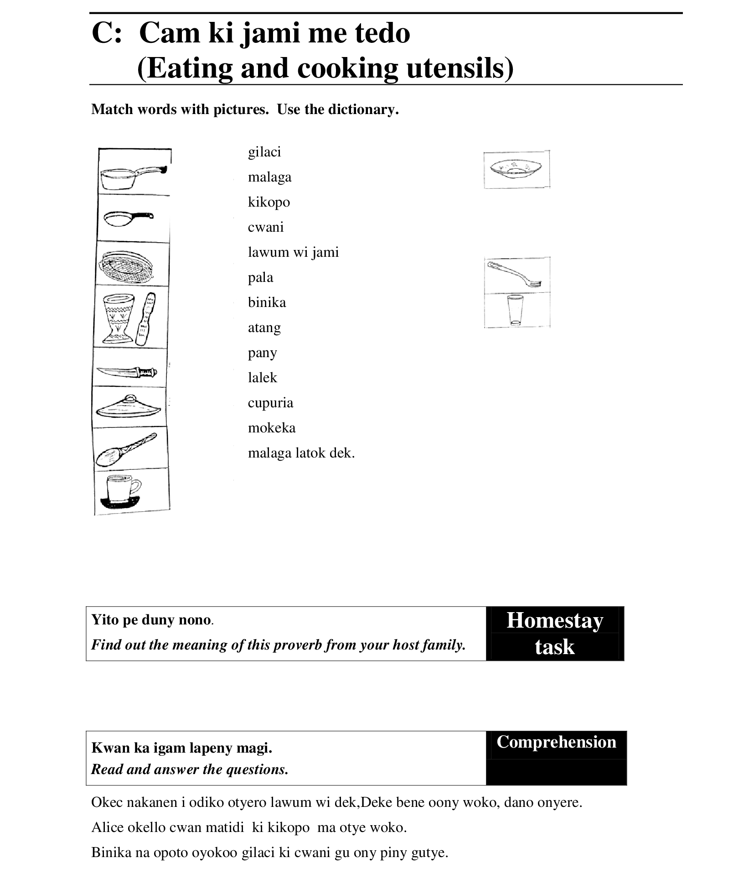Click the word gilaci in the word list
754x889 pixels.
(x=264, y=152)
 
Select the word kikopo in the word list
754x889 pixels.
(x=269, y=202)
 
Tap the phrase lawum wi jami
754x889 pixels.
(x=293, y=252)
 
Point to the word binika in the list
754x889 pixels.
(x=267, y=302)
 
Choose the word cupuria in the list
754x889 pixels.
(x=270, y=403)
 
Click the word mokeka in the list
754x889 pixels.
(x=272, y=428)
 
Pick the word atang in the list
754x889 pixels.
(x=264, y=328)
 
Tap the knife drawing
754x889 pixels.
(x=127, y=372)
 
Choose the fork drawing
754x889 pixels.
(x=514, y=274)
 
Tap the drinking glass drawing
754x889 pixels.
(x=515, y=310)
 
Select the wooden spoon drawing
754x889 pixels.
(x=126, y=449)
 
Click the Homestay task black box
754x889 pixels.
(x=554, y=633)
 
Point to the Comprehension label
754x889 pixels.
(x=556, y=743)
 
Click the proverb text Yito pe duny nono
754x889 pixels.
(x=151, y=620)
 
